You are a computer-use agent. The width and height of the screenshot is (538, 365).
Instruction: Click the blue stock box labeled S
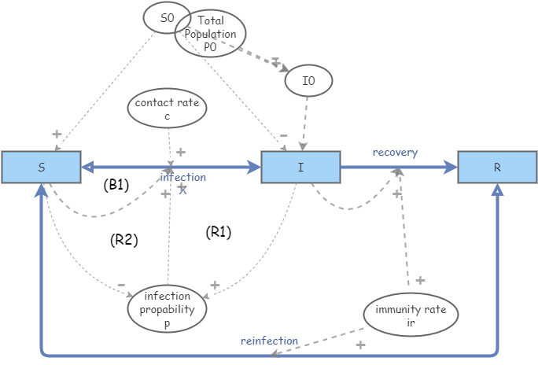41,167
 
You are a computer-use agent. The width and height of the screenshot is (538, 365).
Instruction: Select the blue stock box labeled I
300,167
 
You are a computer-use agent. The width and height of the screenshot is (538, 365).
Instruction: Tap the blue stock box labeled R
497,167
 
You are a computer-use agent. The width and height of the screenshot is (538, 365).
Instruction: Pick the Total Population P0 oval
211,36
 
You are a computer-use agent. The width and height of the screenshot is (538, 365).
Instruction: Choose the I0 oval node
308,79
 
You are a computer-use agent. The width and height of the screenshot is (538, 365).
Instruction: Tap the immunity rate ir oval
410,315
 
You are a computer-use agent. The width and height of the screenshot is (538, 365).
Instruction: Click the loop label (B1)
116,186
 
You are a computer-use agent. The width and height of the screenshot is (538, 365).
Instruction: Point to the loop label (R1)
218,232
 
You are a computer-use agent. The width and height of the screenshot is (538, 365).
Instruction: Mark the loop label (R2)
124,240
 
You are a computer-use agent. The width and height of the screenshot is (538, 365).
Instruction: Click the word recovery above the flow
395,152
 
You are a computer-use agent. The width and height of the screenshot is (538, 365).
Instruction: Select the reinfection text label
269,341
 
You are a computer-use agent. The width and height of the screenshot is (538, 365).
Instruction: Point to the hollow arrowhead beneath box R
497,190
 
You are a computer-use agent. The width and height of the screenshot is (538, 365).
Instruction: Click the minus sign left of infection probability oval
121,285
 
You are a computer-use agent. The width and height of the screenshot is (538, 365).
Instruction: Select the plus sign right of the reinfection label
360,345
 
